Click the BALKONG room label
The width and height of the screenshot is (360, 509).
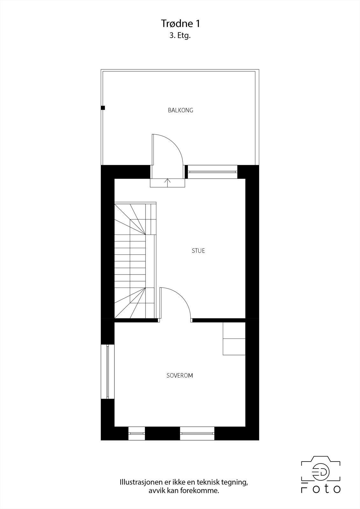point(180,110)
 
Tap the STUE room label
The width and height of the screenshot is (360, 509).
point(198,251)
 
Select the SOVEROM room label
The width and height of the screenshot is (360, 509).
point(180,375)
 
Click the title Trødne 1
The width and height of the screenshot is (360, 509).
point(180,24)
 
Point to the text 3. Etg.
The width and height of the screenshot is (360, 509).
point(180,36)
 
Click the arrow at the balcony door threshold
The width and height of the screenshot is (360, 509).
point(168,182)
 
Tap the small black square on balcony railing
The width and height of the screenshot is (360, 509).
point(103,108)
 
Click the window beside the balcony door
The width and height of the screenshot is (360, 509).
point(212,172)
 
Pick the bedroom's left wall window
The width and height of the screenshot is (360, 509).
point(108,371)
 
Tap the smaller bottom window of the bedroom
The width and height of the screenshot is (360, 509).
point(137,433)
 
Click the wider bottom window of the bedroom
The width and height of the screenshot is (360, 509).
point(197,433)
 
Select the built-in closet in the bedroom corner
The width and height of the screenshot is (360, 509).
point(234,338)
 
